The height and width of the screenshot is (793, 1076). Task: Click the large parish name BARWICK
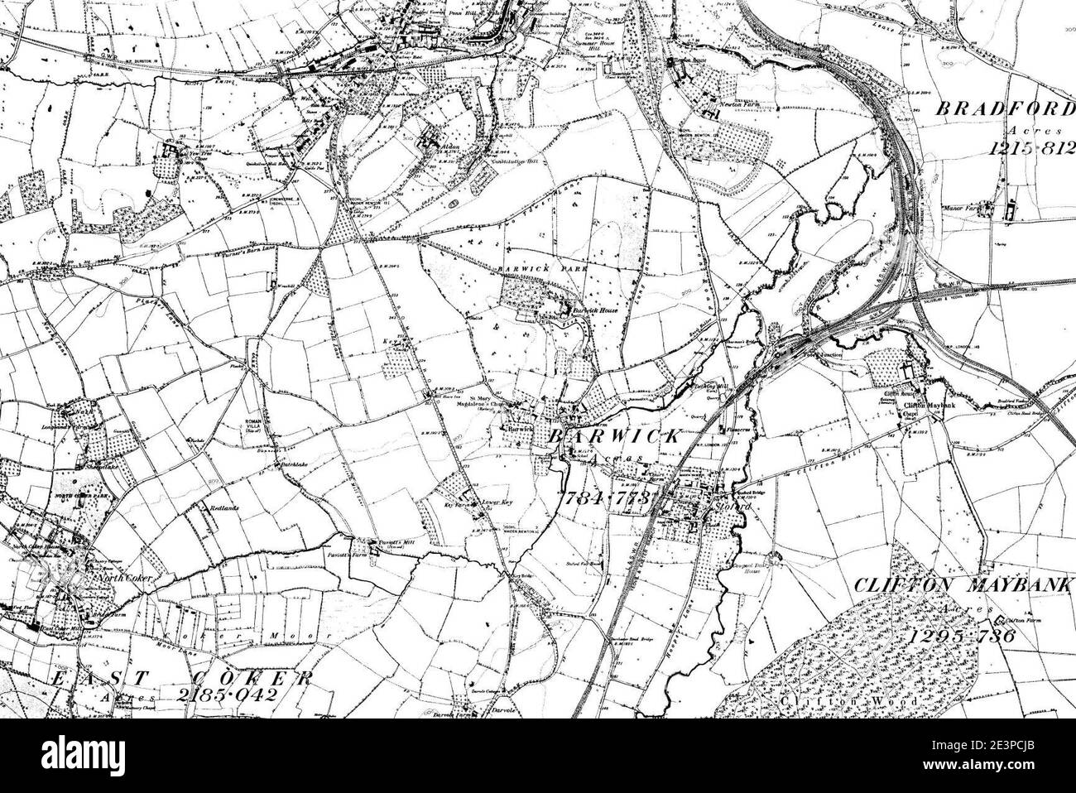tap(612, 436)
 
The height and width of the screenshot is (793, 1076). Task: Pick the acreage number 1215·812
tap(1027, 148)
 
